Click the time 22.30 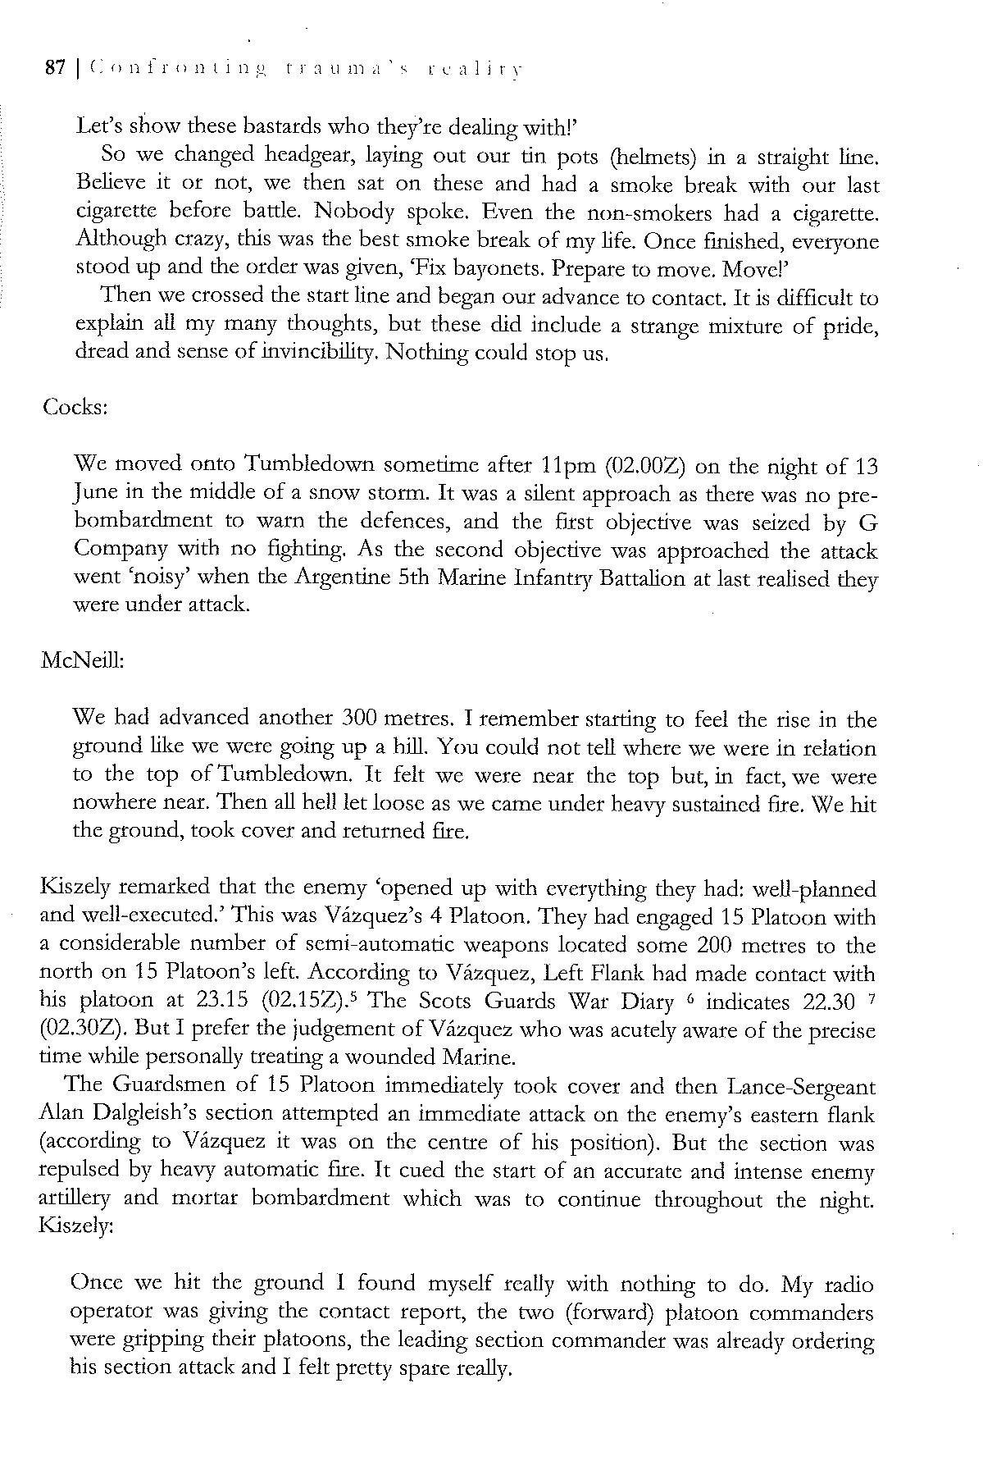(x=821, y=1002)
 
